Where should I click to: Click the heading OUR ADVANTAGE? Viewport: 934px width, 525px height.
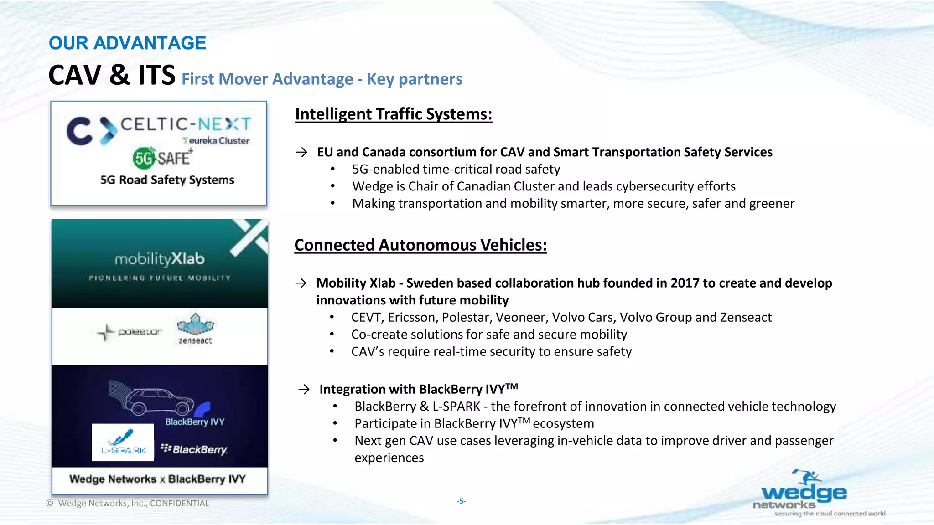tap(127, 43)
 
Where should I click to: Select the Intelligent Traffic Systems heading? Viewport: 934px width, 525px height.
tap(393, 114)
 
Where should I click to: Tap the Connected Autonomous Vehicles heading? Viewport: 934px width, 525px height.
tap(420, 245)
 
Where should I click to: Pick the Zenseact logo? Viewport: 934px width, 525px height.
tap(195, 329)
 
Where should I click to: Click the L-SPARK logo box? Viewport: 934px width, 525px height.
tap(123, 443)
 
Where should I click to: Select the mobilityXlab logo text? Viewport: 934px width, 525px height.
tap(160, 259)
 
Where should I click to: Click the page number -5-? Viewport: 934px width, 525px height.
tap(461, 501)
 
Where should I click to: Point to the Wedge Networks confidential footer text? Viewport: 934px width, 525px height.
tap(128, 504)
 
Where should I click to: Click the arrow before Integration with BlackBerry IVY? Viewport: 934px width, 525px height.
tap(304, 389)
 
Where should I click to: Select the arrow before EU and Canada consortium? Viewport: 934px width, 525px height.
tap(301, 152)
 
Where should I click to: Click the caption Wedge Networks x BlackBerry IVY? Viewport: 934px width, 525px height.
tap(157, 479)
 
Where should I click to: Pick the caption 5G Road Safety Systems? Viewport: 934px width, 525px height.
tap(167, 180)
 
